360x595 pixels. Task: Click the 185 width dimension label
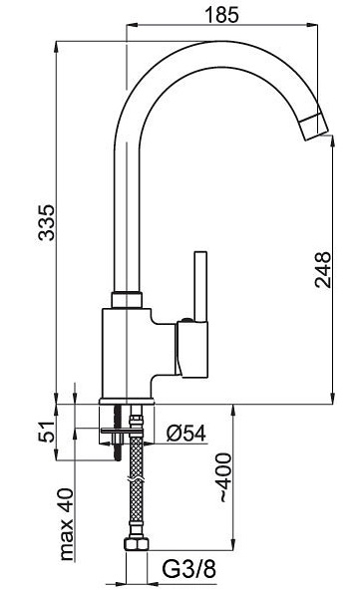coord(222,14)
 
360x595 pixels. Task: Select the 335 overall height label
coord(48,222)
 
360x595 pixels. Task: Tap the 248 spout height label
coord(323,269)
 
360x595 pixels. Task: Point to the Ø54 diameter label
coord(186,434)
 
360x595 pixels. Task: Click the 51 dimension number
coord(47,432)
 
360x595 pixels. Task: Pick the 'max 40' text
coord(65,524)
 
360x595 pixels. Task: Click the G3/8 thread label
coord(189,569)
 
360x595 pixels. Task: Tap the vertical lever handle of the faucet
coord(200,286)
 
